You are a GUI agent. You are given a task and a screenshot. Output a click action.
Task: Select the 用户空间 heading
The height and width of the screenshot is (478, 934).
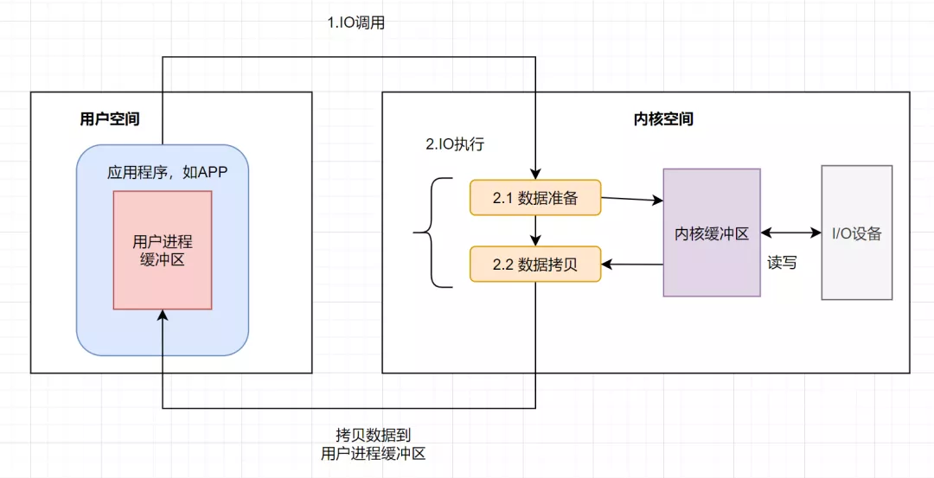(x=110, y=119)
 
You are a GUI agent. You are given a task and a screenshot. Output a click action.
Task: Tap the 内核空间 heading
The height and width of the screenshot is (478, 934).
(x=663, y=119)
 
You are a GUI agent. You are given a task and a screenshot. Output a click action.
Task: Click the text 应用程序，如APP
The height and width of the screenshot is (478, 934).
(x=168, y=173)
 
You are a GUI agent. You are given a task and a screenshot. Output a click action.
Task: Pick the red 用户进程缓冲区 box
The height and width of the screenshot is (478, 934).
(x=163, y=250)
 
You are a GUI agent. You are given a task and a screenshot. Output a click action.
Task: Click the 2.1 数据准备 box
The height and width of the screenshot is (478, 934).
(x=535, y=198)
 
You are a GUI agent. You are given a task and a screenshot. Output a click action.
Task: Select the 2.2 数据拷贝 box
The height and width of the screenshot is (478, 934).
(x=535, y=264)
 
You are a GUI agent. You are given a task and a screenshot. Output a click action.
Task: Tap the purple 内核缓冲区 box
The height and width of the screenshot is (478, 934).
(x=712, y=233)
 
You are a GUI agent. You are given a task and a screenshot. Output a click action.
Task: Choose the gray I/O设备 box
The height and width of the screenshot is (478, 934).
(x=856, y=233)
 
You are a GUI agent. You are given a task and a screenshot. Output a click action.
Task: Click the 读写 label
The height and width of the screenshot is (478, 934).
(x=782, y=263)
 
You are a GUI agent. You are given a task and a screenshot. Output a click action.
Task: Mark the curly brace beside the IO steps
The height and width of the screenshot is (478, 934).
(x=433, y=233)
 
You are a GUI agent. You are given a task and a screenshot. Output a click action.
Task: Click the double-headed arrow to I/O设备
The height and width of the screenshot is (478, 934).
(x=791, y=233)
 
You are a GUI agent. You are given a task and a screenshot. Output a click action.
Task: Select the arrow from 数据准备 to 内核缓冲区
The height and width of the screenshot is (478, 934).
(x=632, y=200)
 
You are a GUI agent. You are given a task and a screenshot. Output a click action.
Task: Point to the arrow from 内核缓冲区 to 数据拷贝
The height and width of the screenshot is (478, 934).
(x=632, y=264)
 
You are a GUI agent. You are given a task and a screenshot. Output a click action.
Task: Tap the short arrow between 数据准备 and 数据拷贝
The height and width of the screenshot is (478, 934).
(x=535, y=231)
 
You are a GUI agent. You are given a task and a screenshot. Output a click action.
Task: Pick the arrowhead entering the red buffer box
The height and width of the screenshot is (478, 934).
(x=163, y=315)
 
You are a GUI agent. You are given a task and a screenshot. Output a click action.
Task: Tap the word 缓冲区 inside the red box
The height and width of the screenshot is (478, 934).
(x=163, y=260)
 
